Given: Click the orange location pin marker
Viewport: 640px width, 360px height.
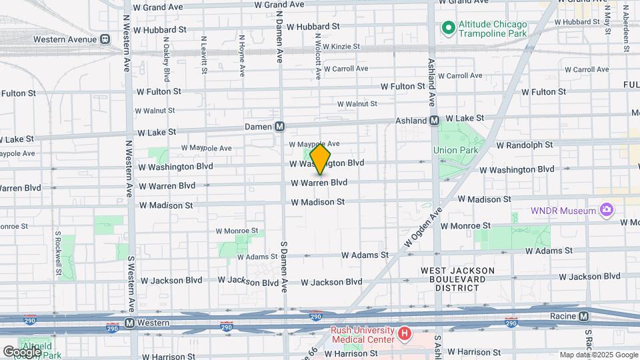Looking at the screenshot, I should (321, 159).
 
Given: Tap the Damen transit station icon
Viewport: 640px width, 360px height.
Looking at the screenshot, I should (280, 127).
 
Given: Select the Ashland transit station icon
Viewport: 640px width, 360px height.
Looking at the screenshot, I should (433, 121).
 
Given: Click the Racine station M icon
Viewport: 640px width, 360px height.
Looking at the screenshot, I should (584, 316).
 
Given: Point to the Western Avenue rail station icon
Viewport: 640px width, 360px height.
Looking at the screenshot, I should (105, 39).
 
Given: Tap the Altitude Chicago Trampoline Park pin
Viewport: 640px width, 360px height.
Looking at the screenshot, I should (448, 28).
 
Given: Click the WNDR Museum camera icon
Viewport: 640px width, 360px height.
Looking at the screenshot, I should (606, 211).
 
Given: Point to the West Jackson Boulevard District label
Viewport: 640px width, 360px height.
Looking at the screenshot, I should (457, 279).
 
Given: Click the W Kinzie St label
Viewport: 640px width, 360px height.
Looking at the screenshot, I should (338, 47).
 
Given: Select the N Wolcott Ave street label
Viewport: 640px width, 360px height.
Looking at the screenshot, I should (319, 53).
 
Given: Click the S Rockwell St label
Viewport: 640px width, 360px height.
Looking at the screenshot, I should (59, 253).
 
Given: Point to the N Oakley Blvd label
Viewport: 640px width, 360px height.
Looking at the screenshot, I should (166, 56).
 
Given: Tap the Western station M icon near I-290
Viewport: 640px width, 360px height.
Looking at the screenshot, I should (130, 323).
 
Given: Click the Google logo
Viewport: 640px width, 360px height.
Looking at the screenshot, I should (21, 351).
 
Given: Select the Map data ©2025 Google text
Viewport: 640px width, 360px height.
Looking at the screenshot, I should (598, 355).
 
